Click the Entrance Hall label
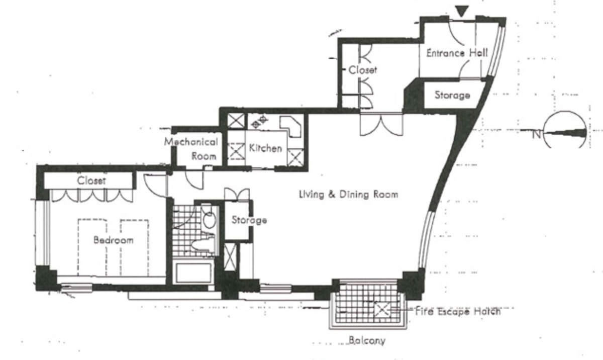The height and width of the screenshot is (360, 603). [457, 53]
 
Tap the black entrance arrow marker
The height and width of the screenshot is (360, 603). [462, 11]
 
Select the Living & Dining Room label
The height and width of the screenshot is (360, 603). [349, 195]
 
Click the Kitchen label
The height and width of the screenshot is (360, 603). [265, 148]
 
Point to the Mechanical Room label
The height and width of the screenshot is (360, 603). [191, 149]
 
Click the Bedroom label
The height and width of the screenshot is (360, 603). [114, 240]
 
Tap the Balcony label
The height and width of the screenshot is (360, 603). [367, 340]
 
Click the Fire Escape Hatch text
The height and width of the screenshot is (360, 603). [458, 311]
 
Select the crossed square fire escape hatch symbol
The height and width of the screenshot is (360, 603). [382, 310]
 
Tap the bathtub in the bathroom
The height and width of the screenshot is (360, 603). [193, 273]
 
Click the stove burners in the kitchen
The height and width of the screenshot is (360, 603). [259, 122]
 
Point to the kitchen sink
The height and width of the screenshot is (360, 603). [290, 126]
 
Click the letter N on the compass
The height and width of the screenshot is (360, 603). [536, 134]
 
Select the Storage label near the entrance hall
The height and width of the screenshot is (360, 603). [452, 95]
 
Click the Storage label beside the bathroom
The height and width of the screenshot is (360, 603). [249, 220]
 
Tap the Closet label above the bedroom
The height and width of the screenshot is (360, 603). [91, 181]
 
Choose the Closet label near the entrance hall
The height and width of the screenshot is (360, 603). [363, 70]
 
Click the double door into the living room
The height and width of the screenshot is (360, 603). [381, 125]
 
